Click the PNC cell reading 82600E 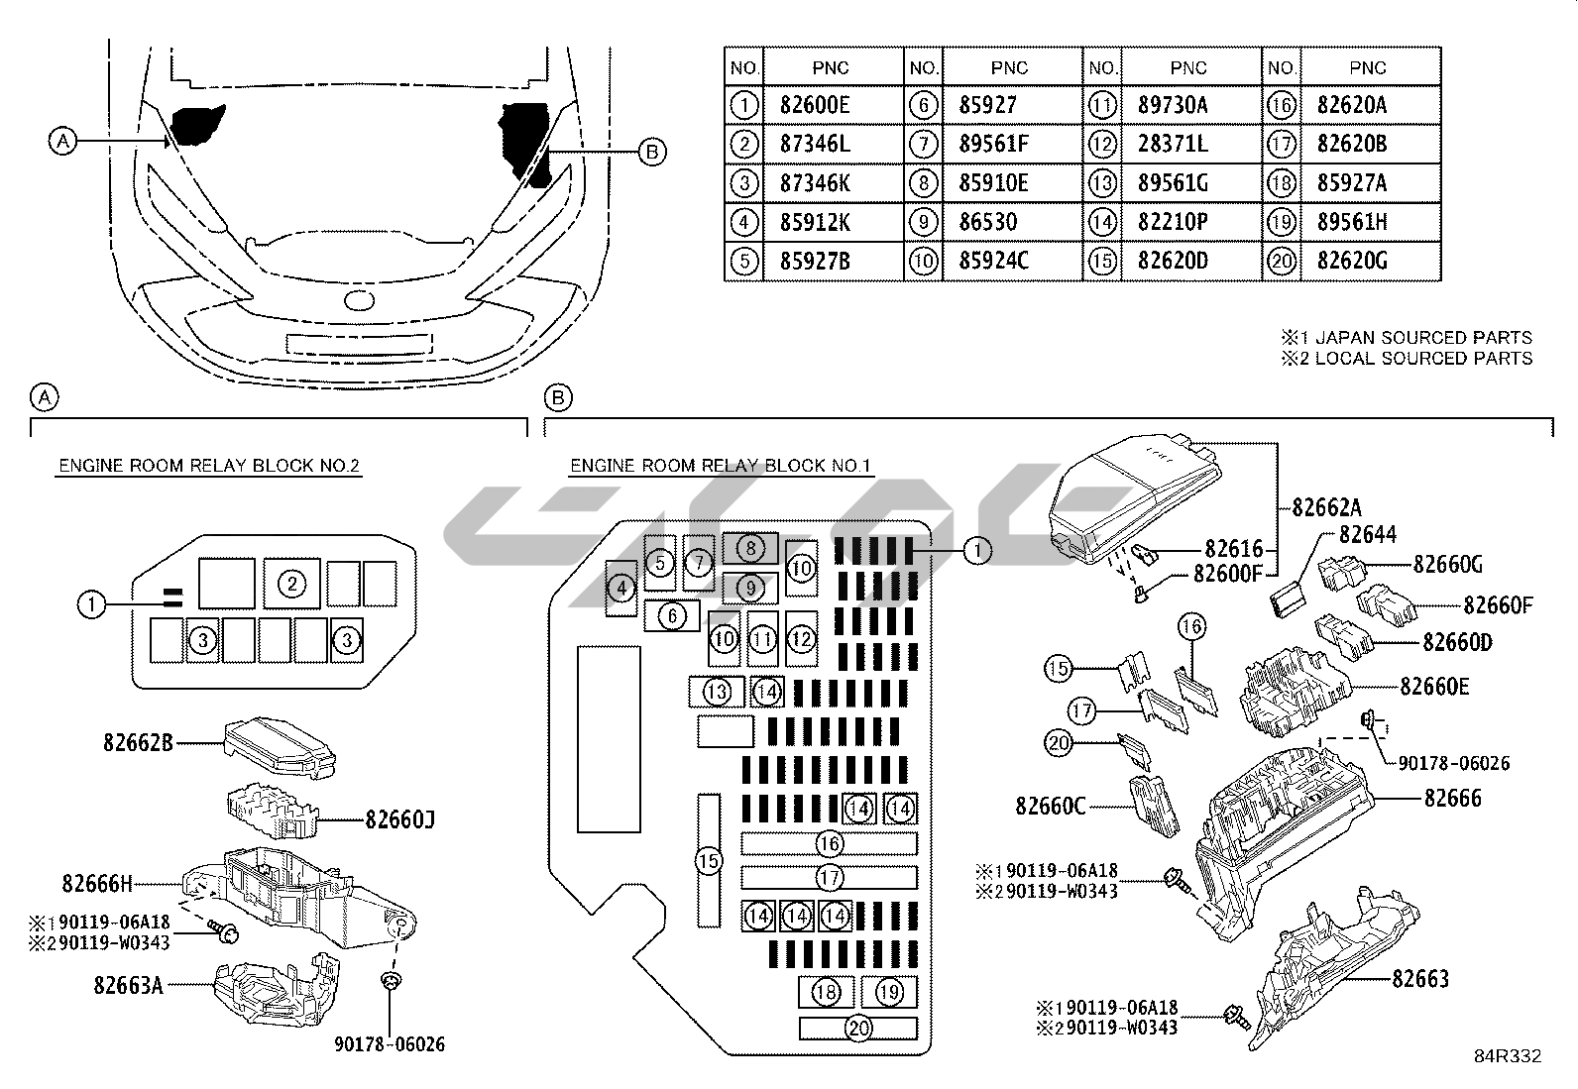tap(815, 105)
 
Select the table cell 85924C tap(993, 262)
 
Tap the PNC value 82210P tap(1173, 222)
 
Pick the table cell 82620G tap(1352, 262)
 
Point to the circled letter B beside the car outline tap(651, 152)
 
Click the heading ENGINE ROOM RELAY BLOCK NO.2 tap(209, 466)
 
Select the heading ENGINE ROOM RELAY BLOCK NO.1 tap(721, 466)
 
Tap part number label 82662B tap(138, 741)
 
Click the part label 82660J tap(400, 819)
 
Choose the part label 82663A tap(129, 985)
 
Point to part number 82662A tap(1327, 507)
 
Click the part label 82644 tap(1368, 535)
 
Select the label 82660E tap(1434, 686)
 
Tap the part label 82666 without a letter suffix tap(1453, 798)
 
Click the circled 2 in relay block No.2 tap(291, 583)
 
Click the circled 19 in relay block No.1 tap(889, 991)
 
